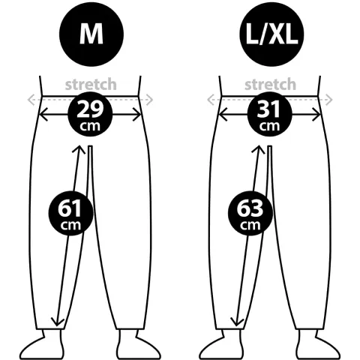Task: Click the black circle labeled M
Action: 91,34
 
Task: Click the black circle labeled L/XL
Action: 271,34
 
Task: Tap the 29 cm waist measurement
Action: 90,114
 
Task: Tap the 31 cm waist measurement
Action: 270,114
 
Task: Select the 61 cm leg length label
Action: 71,213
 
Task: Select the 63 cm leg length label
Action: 250,213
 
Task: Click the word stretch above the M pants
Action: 91,85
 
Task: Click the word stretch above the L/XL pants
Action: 270,85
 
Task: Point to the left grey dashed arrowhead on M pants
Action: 31,100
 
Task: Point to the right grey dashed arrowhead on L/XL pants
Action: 328,100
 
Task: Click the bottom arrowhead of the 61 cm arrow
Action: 58,322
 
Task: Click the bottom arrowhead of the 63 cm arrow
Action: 237,322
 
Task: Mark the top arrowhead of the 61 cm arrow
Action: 79,149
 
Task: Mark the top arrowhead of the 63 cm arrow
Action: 258,149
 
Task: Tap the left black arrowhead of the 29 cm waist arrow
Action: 43,115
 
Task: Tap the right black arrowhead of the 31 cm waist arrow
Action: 316,115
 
